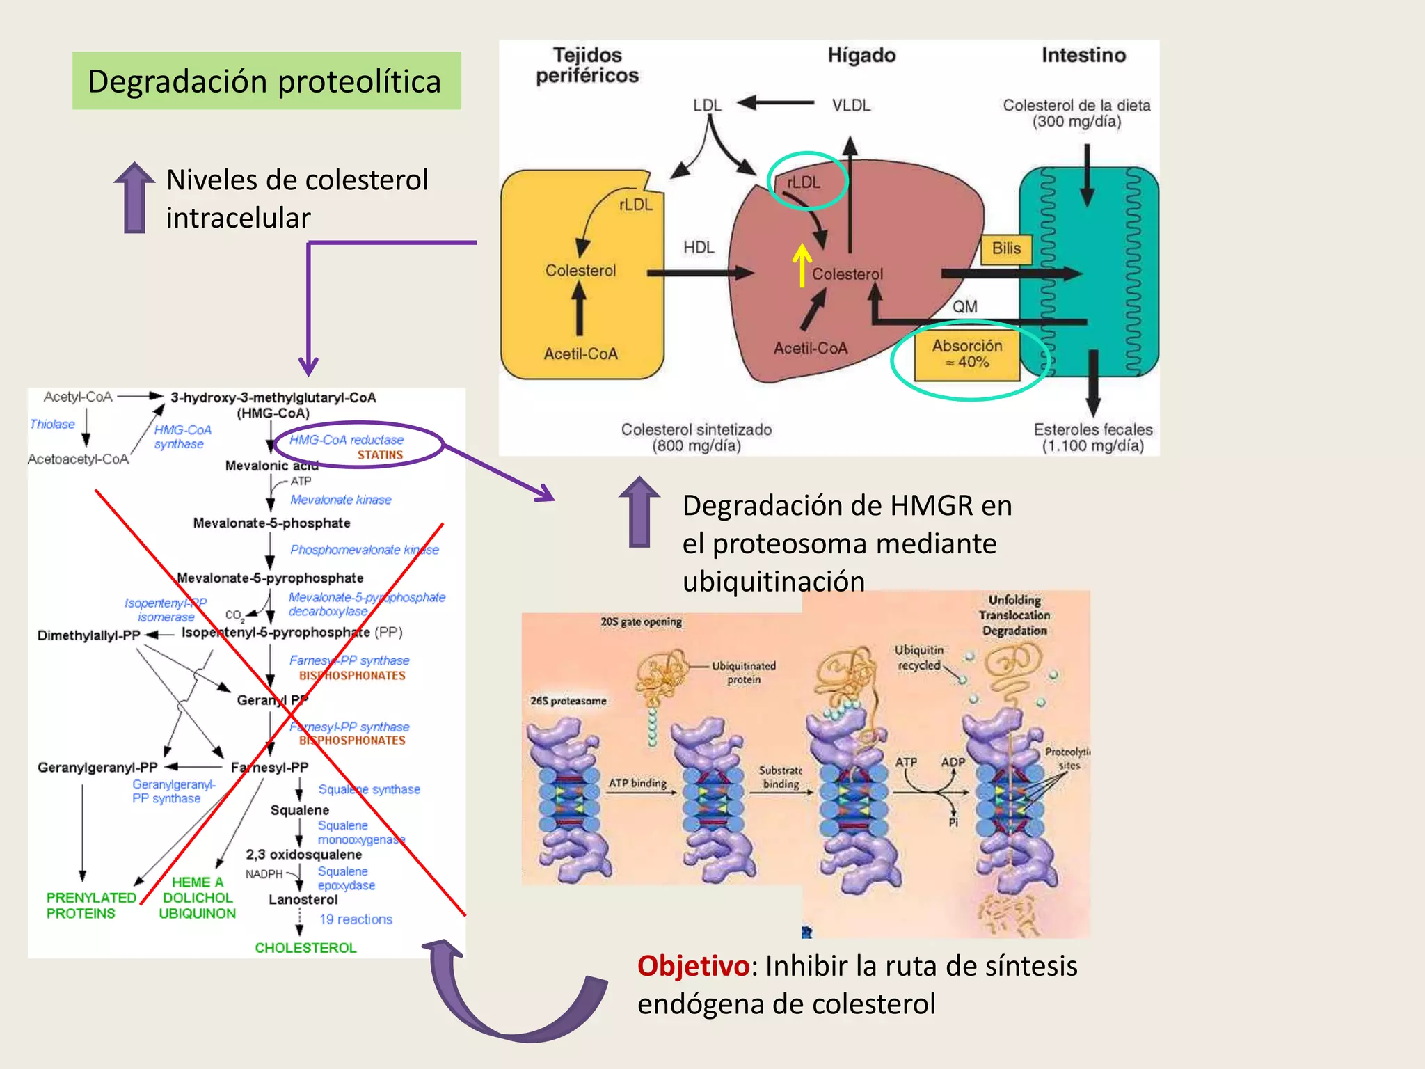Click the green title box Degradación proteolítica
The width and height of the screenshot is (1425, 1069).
point(266,81)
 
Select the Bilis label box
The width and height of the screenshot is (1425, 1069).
point(1006,248)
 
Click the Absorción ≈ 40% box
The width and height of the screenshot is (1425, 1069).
point(967,354)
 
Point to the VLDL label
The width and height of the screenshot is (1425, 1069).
point(851,105)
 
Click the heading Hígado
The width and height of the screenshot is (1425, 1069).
point(861,55)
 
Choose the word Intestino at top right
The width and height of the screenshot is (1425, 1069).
point(1083,55)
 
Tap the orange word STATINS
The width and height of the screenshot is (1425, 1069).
point(380,454)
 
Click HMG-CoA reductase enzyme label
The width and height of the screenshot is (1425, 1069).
point(346,440)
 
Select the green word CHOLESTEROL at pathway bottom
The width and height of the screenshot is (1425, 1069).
point(305,947)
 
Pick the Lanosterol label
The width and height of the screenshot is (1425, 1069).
point(303,899)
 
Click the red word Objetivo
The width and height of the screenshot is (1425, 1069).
point(693,965)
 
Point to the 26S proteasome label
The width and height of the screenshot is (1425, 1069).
point(568,701)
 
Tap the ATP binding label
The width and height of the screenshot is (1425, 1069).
point(637,783)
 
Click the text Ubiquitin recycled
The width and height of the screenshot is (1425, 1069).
point(918,657)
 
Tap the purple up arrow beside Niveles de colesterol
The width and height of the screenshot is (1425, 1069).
point(134,198)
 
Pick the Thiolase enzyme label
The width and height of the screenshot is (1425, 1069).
point(52,424)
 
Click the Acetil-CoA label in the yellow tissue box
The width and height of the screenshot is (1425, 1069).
point(580,354)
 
